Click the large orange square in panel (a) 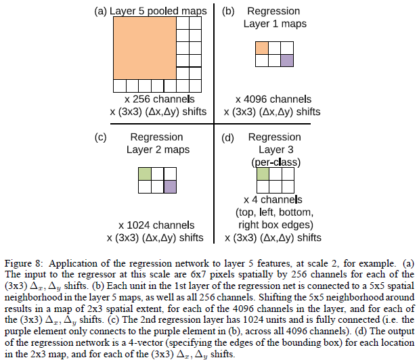144,47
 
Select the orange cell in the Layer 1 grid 262,48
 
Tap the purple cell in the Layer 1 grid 288,60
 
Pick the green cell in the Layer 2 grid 144,173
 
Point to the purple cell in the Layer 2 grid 170,185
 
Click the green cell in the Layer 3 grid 263,174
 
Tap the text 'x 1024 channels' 155,225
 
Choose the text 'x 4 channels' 273,200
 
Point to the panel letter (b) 228,11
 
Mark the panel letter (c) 102,137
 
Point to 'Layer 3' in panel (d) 274,150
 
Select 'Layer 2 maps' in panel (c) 158,150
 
